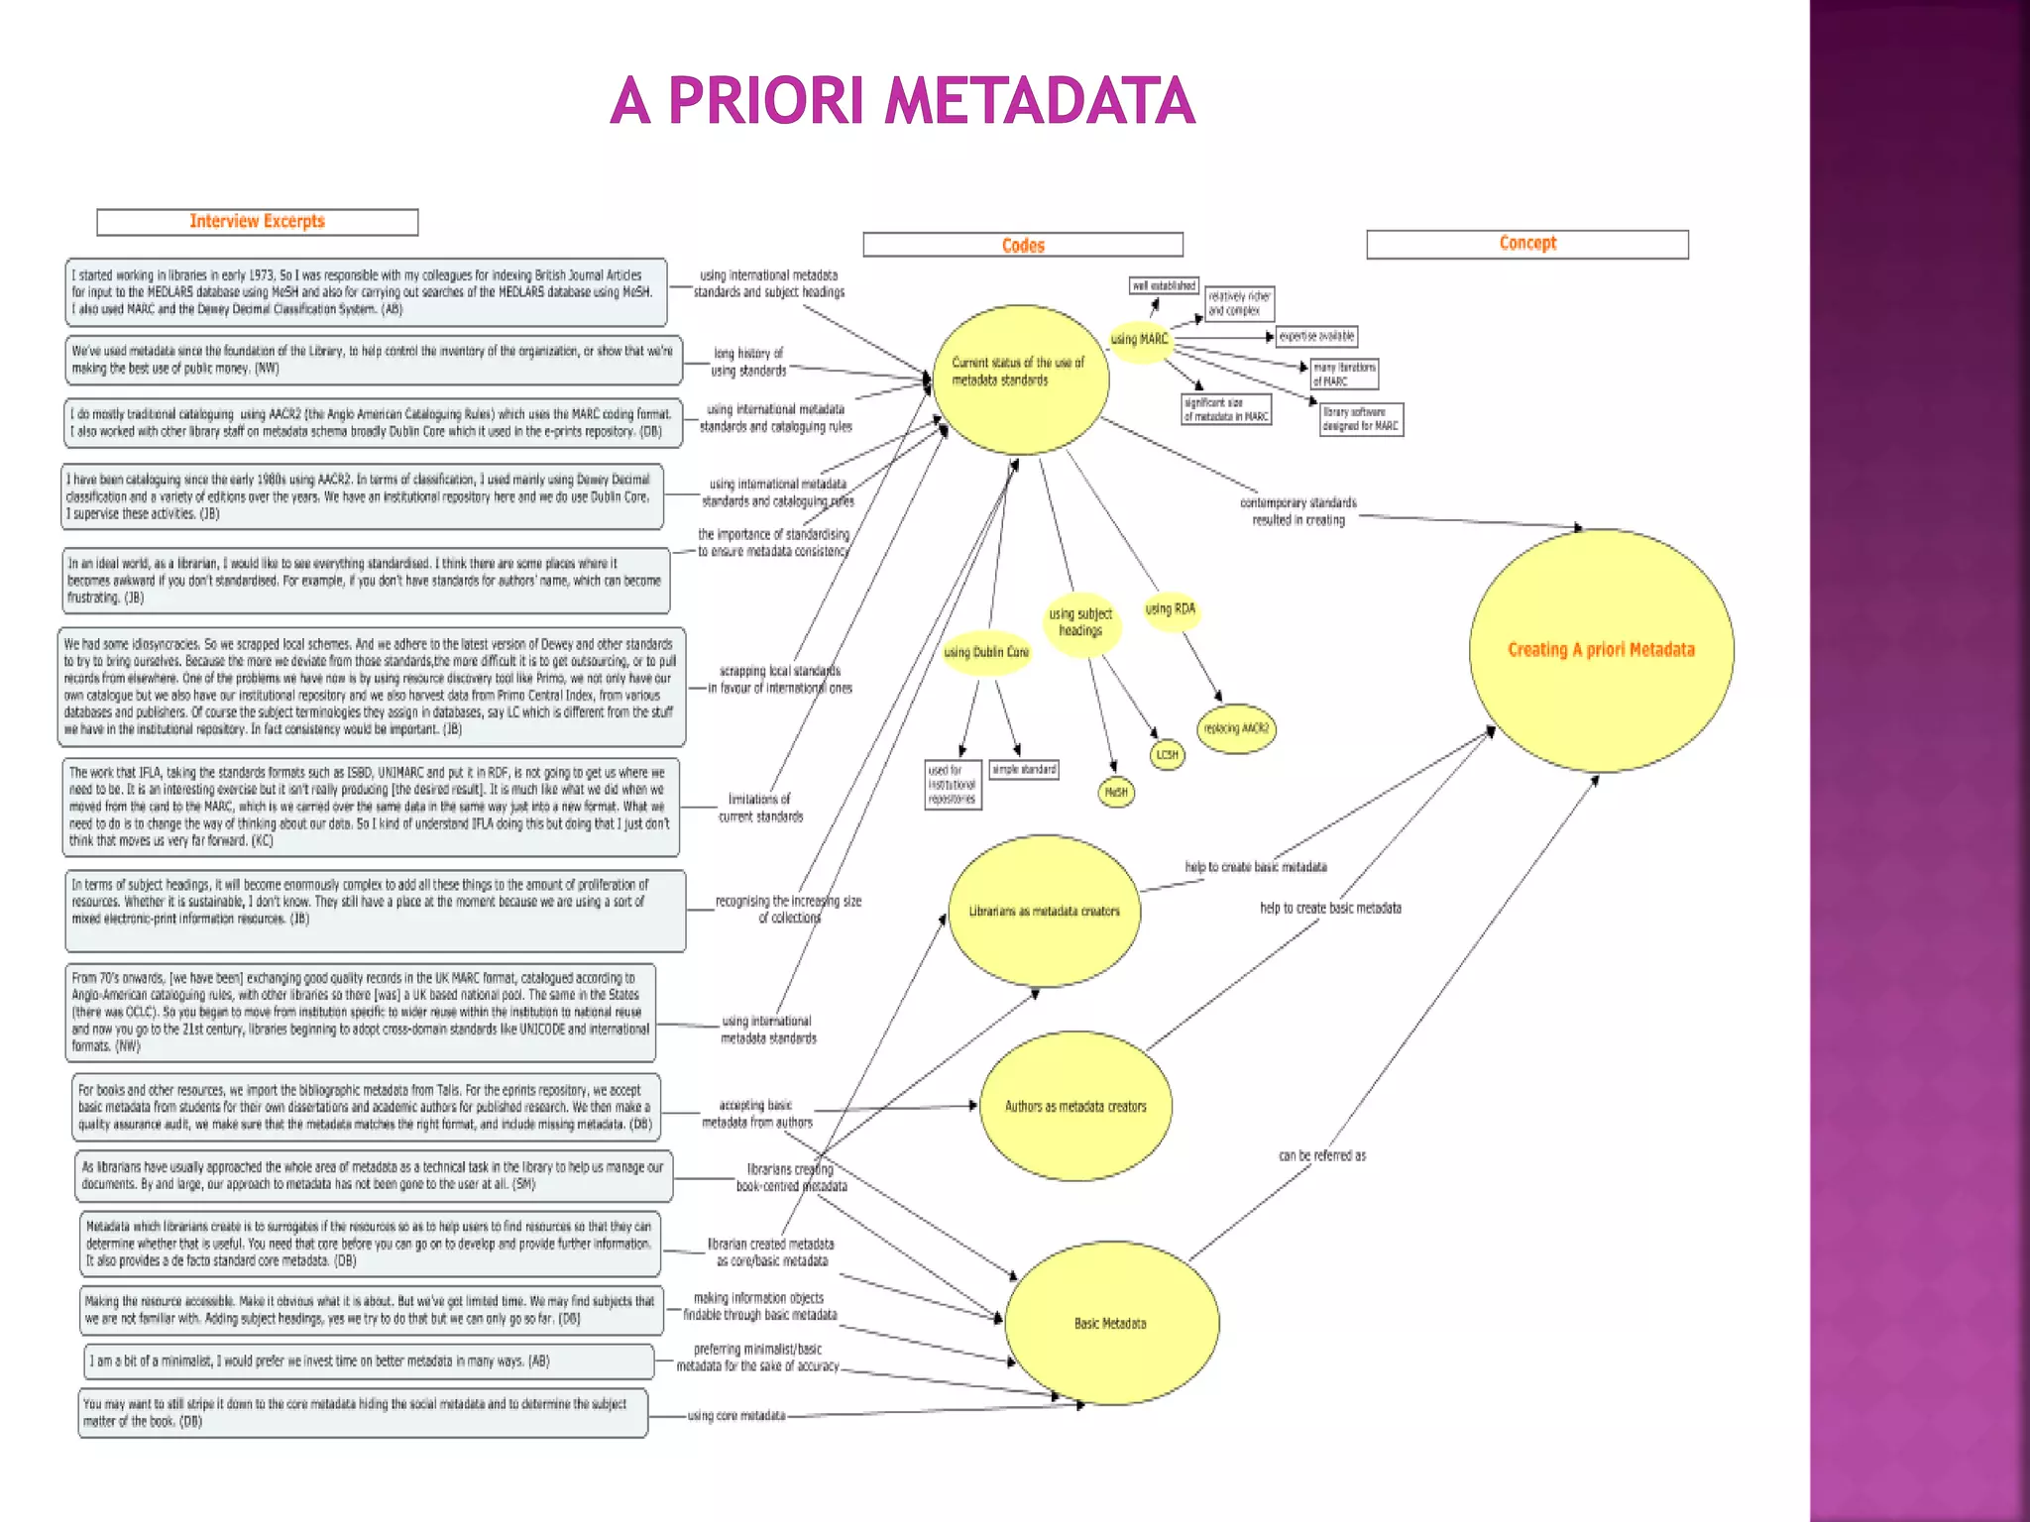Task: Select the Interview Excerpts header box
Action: point(258,222)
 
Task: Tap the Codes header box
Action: point(1023,245)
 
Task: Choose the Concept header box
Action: point(1526,244)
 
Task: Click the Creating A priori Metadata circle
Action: point(1601,650)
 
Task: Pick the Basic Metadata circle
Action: point(1111,1323)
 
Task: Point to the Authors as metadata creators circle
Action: point(1075,1107)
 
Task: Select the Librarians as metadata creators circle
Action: point(1045,911)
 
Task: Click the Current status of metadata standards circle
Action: point(1021,380)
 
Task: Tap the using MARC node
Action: point(1140,340)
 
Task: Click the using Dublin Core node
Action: point(986,653)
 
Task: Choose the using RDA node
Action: point(1171,609)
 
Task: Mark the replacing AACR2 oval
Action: point(1236,728)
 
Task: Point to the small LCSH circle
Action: point(1168,755)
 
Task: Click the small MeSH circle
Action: point(1116,793)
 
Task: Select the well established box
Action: point(1165,286)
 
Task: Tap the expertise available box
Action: point(1316,337)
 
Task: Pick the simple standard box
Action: point(1024,770)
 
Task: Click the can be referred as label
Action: point(1322,1155)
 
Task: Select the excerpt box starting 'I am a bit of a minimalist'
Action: point(369,1361)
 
